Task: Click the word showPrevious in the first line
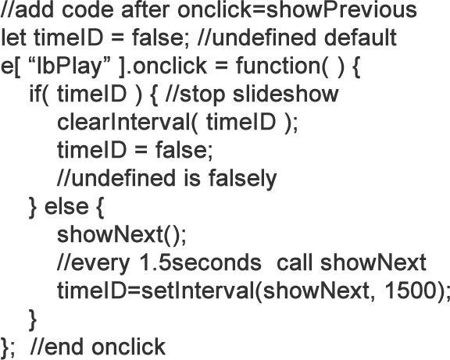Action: click(x=341, y=10)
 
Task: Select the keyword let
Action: click(x=13, y=37)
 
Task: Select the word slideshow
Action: click(x=286, y=94)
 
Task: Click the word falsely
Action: click(x=242, y=179)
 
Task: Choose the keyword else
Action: click(x=66, y=206)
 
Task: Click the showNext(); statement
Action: click(x=122, y=235)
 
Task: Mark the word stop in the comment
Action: click(x=202, y=94)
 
